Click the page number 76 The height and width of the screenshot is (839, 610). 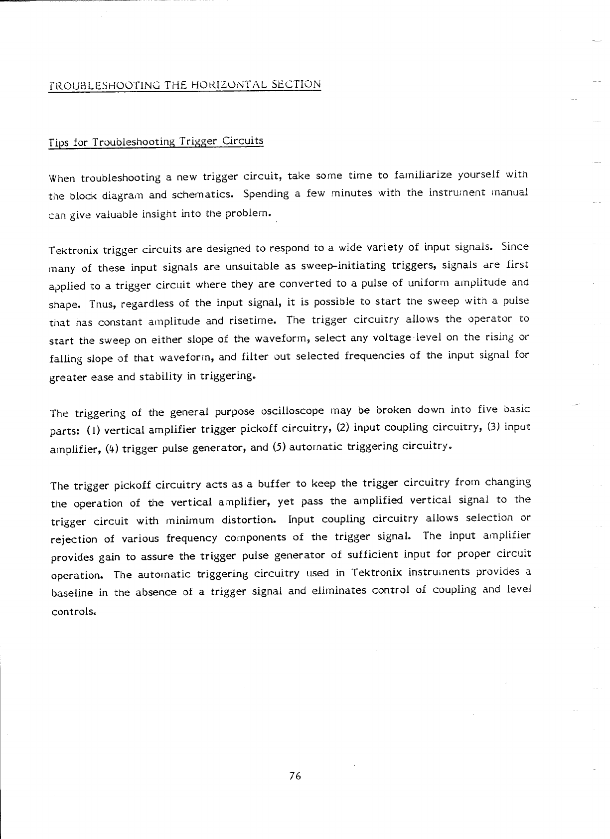[x=295, y=776]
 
